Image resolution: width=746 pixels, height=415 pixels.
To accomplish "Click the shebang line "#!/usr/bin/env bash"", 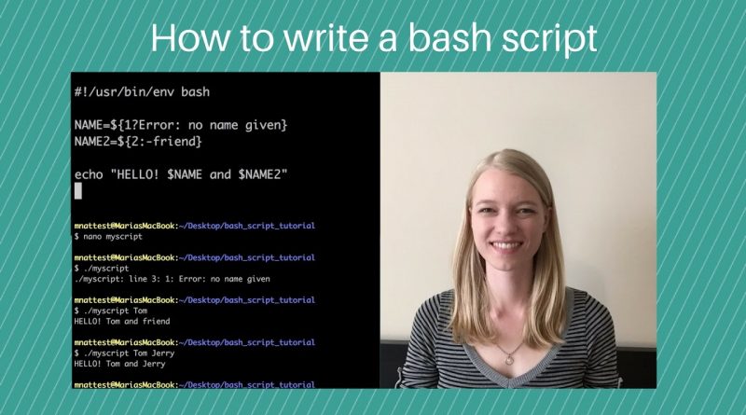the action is coord(142,91).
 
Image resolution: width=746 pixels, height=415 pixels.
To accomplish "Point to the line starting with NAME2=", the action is coord(138,142).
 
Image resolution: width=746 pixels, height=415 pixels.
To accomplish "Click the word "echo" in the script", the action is coord(89,174).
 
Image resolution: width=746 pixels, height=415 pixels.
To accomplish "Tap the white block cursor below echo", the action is coord(78,191).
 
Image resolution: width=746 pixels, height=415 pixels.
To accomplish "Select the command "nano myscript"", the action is coord(113,237).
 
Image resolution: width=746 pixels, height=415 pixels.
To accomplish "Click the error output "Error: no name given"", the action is coord(224,279).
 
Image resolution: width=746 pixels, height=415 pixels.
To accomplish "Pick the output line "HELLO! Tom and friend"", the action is coord(122,321).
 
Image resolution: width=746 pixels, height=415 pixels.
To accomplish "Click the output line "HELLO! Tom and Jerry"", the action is coord(119,364).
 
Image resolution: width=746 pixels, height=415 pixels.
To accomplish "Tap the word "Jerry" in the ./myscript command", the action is coord(162,353).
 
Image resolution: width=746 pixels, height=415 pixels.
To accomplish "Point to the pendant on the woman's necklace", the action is coord(509,359).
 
